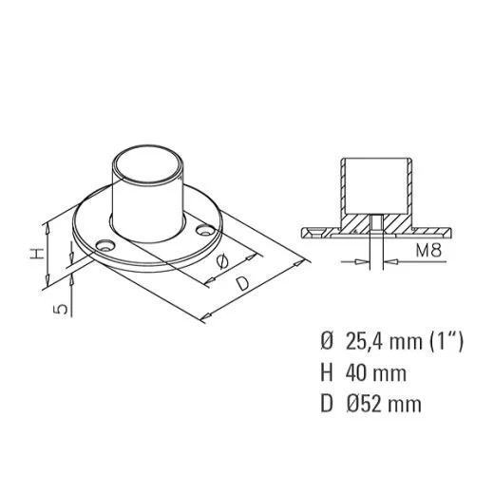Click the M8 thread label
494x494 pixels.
pyautogui.click(x=428, y=250)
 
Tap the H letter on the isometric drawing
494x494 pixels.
pyautogui.click(x=37, y=254)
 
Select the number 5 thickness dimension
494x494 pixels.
pyautogui.click(x=60, y=309)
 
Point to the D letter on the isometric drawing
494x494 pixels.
pyautogui.click(x=243, y=283)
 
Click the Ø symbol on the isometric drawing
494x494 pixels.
pyautogui.click(x=222, y=261)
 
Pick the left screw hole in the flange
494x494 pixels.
pyautogui.click(x=105, y=245)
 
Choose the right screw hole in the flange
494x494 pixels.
pyautogui.click(x=204, y=230)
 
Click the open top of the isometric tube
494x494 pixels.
pyautogui.click(x=148, y=164)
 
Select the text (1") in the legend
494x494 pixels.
pyautogui.click(x=446, y=341)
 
